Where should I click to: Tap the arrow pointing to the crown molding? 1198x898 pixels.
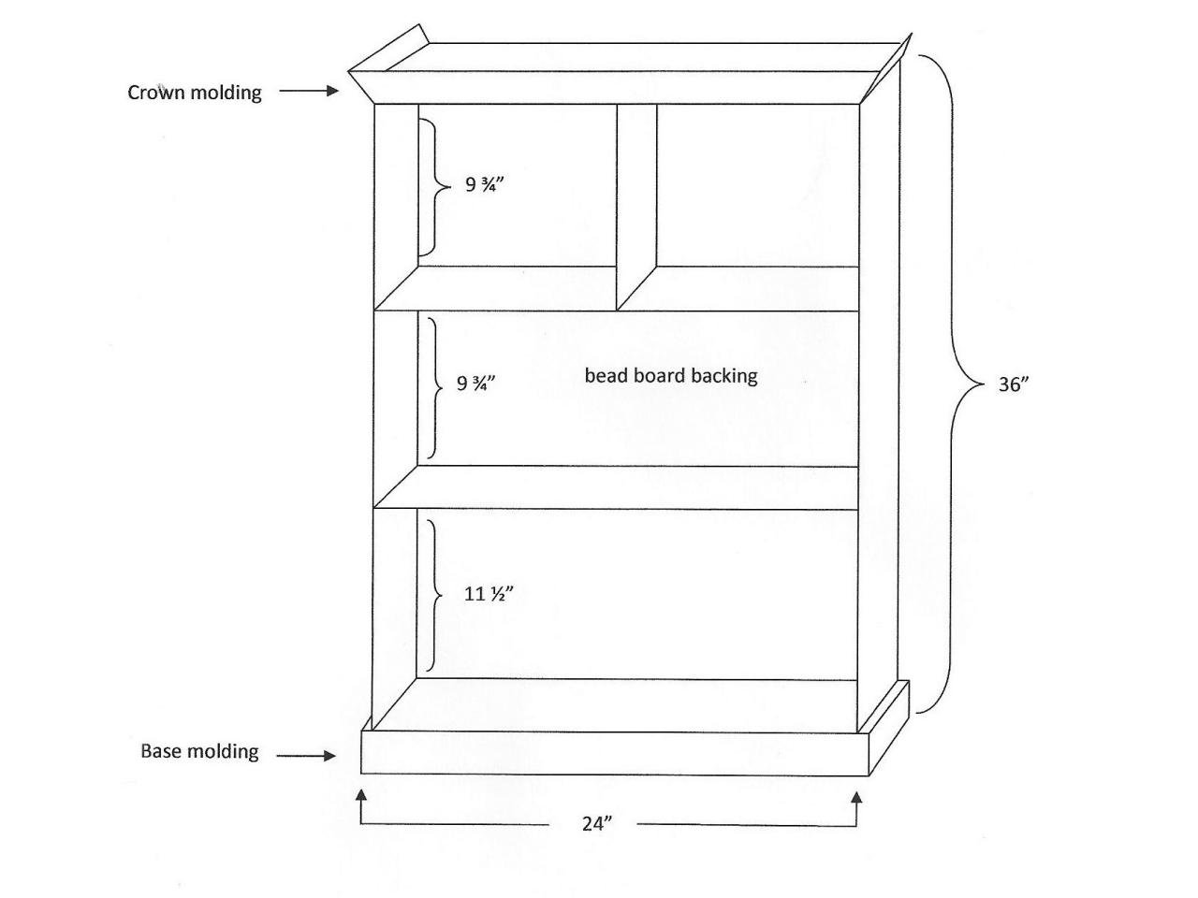pyautogui.click(x=309, y=91)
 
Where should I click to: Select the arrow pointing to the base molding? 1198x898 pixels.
pyautogui.click(x=306, y=756)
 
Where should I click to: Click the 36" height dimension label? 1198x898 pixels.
pyautogui.click(x=1013, y=384)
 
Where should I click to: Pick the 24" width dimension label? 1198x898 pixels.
pyautogui.click(x=597, y=823)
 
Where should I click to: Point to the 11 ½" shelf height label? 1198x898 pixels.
pyautogui.click(x=489, y=593)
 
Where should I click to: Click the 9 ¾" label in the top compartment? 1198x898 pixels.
pyautogui.click(x=484, y=184)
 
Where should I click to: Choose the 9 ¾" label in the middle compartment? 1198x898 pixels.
pyautogui.click(x=475, y=384)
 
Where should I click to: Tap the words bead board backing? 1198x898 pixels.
pyautogui.click(x=671, y=376)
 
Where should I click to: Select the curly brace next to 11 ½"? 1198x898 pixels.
pyautogui.click(x=434, y=596)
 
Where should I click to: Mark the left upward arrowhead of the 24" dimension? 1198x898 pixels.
pyautogui.click(x=360, y=798)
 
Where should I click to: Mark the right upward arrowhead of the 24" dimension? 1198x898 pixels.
pyautogui.click(x=857, y=798)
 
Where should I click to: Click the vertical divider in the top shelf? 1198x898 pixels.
pyautogui.click(x=637, y=207)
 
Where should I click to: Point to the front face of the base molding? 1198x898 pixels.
pyautogui.click(x=615, y=752)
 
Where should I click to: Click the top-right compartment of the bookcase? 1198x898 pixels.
pyautogui.click(x=758, y=185)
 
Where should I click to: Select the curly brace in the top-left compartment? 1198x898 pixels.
pyautogui.click(x=435, y=187)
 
